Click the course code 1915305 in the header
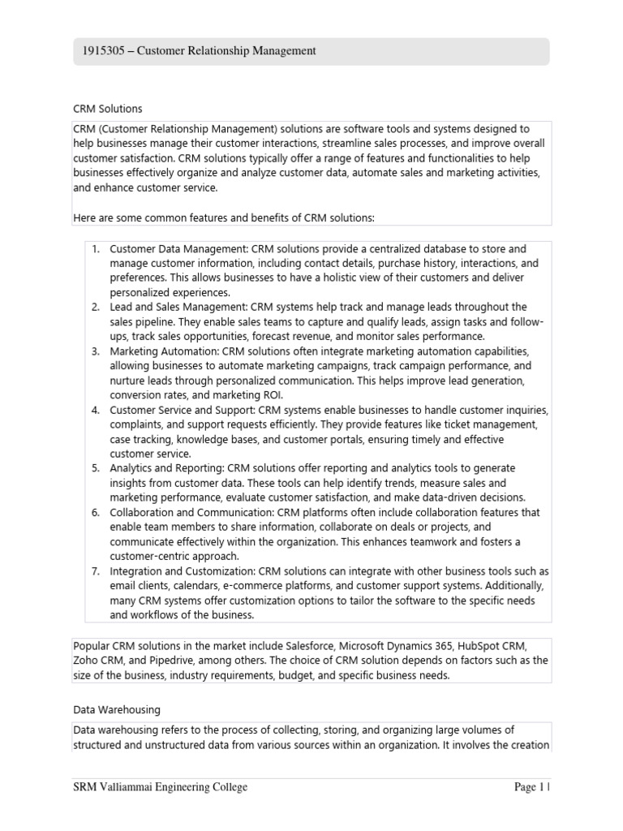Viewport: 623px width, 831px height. tap(101, 51)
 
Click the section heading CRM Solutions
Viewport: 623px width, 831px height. tap(107, 108)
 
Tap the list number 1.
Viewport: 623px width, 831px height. tap(95, 249)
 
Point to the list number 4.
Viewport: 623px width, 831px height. tap(95, 410)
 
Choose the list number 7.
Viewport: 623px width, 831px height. tap(95, 571)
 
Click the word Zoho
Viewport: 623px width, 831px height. tap(87, 660)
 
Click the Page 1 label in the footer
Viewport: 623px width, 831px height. tap(531, 787)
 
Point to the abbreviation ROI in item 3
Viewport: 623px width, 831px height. tap(254, 395)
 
